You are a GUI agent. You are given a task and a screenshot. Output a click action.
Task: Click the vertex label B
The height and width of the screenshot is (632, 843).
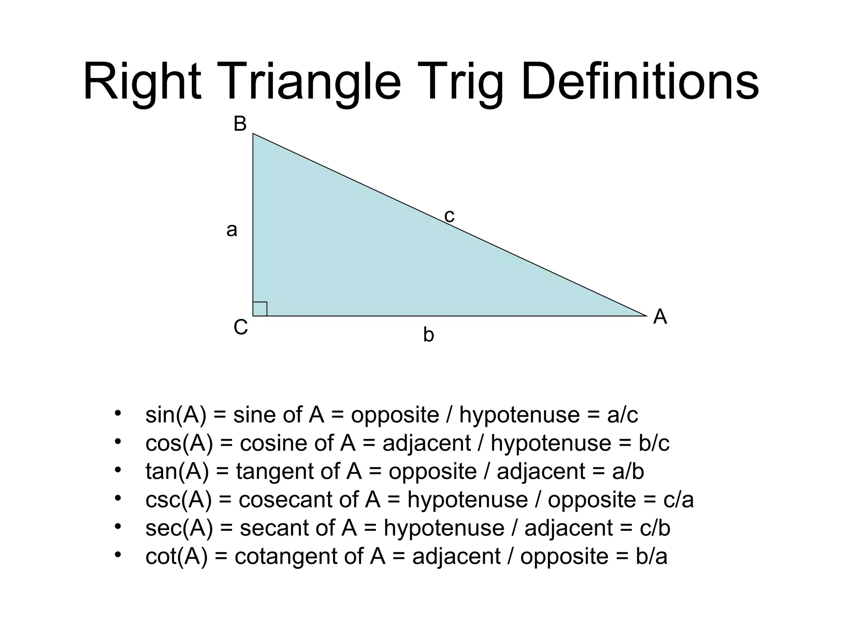point(240,124)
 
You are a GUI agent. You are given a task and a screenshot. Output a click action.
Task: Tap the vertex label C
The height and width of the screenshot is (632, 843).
point(240,328)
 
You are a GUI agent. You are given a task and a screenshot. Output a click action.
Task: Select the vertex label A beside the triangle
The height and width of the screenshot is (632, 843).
point(660,317)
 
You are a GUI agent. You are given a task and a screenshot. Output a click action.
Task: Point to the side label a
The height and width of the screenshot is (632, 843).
point(232,230)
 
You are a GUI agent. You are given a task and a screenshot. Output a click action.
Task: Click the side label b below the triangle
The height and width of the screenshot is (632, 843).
point(428,335)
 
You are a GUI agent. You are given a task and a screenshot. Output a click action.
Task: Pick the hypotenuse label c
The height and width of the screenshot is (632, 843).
point(449,216)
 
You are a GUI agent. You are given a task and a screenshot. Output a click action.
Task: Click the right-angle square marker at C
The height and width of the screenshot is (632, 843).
point(260,309)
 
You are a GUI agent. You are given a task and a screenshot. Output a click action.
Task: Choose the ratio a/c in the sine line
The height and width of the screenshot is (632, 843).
point(622,415)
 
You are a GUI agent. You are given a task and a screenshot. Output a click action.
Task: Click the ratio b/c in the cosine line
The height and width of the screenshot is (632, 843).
point(654,443)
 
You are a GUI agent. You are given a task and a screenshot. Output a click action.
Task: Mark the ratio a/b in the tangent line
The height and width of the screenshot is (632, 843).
point(628,472)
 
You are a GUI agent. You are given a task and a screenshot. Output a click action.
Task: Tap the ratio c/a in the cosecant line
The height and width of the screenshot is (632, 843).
point(679,500)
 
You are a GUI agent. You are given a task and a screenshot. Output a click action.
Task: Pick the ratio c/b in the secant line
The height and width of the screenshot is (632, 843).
point(655,528)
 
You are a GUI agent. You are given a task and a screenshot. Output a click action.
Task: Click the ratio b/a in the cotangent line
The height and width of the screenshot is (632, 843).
point(651,557)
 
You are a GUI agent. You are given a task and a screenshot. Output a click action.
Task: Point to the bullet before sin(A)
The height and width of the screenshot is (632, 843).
point(118,413)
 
